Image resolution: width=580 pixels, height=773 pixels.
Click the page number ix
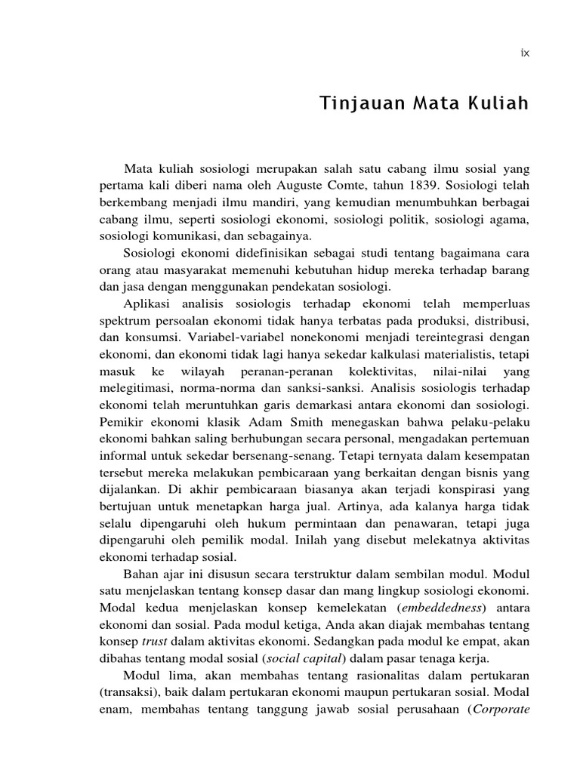point(525,53)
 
